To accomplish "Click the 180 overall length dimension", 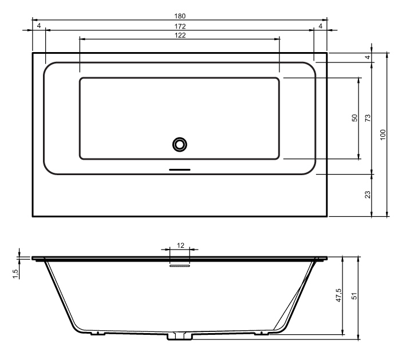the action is pyautogui.click(x=180, y=16).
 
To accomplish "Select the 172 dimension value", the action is pyautogui.click(x=180, y=26).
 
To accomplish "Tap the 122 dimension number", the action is pyautogui.click(x=180, y=35).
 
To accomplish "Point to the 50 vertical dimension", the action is pyautogui.click(x=354, y=118).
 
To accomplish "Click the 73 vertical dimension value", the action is pyautogui.click(x=368, y=118).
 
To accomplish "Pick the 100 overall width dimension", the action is pyautogui.click(x=383, y=134).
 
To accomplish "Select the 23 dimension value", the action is pyautogui.click(x=368, y=195).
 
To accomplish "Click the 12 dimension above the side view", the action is pyautogui.click(x=180, y=246).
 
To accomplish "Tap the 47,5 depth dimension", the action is pyautogui.click(x=338, y=295).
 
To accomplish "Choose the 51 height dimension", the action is pyautogui.click(x=354, y=296).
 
